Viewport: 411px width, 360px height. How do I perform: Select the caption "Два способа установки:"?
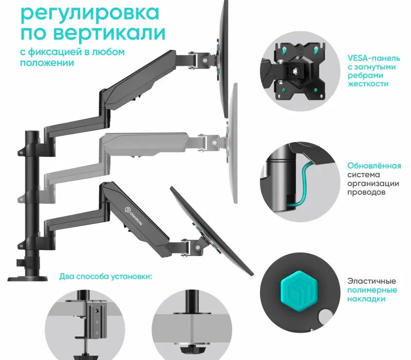pyautogui.click(x=105, y=276)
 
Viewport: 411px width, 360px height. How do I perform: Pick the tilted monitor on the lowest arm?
pyautogui.click(x=211, y=226)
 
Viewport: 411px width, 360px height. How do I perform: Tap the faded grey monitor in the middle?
pyautogui.click(x=232, y=147)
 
